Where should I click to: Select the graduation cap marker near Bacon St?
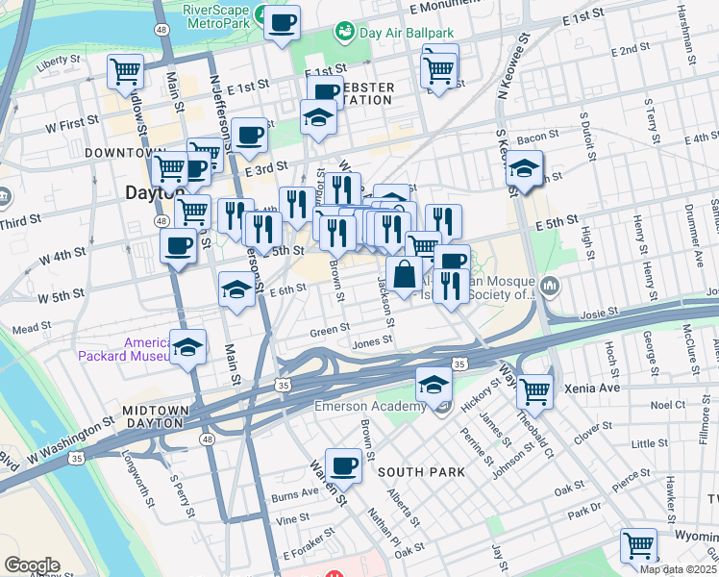(524, 168)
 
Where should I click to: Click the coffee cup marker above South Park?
(343, 466)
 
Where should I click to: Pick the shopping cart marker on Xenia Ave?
(534, 391)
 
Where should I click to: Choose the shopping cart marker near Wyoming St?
(638, 545)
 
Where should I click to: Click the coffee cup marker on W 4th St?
(177, 246)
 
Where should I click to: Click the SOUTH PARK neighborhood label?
(421, 472)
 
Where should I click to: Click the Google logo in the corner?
(31, 565)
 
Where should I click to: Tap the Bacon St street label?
(537, 138)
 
